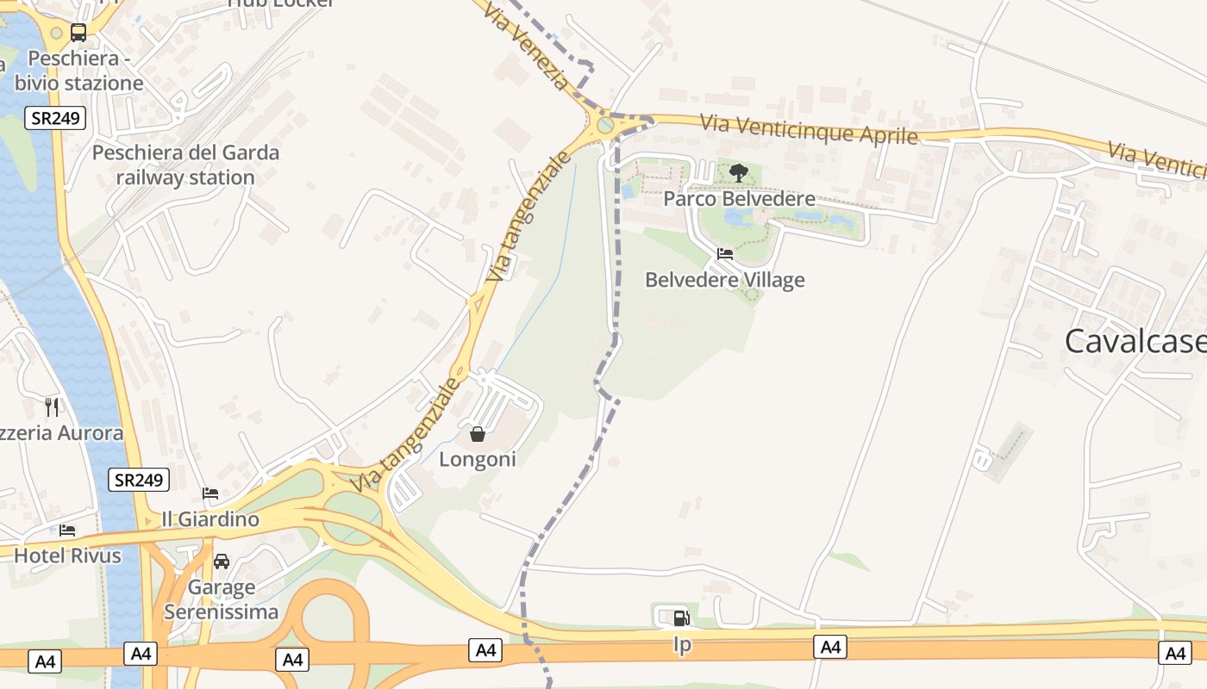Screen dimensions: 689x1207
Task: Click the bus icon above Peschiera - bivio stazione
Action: coord(78,34)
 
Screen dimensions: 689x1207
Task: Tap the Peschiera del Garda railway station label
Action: coord(185,165)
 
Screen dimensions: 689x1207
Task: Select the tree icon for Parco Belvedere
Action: coord(738,173)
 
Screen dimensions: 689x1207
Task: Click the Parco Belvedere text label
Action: coord(739,199)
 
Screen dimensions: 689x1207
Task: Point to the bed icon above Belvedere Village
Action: coord(725,254)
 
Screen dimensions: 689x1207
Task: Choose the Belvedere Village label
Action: coord(725,280)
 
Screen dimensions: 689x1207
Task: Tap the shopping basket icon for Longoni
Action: coord(478,434)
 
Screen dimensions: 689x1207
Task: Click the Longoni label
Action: coord(478,459)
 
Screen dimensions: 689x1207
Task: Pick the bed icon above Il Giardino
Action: coord(210,493)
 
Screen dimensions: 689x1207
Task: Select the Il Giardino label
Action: coord(210,519)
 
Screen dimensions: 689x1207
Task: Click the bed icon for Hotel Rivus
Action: coord(67,531)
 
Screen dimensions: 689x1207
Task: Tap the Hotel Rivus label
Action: coord(67,556)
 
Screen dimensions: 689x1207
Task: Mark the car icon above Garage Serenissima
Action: coord(222,562)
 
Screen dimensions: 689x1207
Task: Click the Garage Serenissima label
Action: coord(221,600)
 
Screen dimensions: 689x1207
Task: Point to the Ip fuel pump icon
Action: coord(681,618)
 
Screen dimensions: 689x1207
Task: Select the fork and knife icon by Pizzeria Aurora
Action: coord(53,407)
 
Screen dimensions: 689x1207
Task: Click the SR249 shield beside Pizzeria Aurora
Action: coord(139,480)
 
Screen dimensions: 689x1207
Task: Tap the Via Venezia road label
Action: coord(525,47)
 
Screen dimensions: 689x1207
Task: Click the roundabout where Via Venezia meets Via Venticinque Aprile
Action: coord(606,125)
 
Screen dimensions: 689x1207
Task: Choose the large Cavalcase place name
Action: coord(1135,341)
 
